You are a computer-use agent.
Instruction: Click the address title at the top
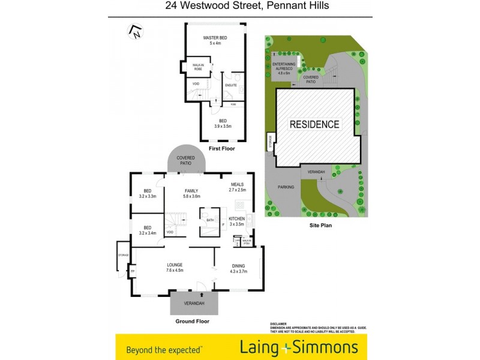pyautogui.click(x=239, y=7)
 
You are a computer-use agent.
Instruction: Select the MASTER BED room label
pyautogui.click(x=215, y=40)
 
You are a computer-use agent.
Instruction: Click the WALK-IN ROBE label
pyautogui.click(x=197, y=67)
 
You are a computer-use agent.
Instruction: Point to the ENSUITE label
pyautogui.click(x=231, y=85)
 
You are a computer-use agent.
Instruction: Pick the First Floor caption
pyautogui.click(x=222, y=148)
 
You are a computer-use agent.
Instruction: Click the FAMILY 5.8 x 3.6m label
pyautogui.click(x=192, y=193)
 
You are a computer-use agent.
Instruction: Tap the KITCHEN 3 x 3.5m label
pyautogui.click(x=236, y=221)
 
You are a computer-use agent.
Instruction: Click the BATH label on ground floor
pyautogui.click(x=210, y=220)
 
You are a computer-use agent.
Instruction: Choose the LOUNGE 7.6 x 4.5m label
pyautogui.click(x=175, y=268)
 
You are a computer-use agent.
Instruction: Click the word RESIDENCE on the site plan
pyautogui.click(x=314, y=125)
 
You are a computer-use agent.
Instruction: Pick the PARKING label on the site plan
pyautogui.click(x=286, y=187)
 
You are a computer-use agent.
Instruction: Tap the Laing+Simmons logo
pyautogui.click(x=299, y=347)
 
